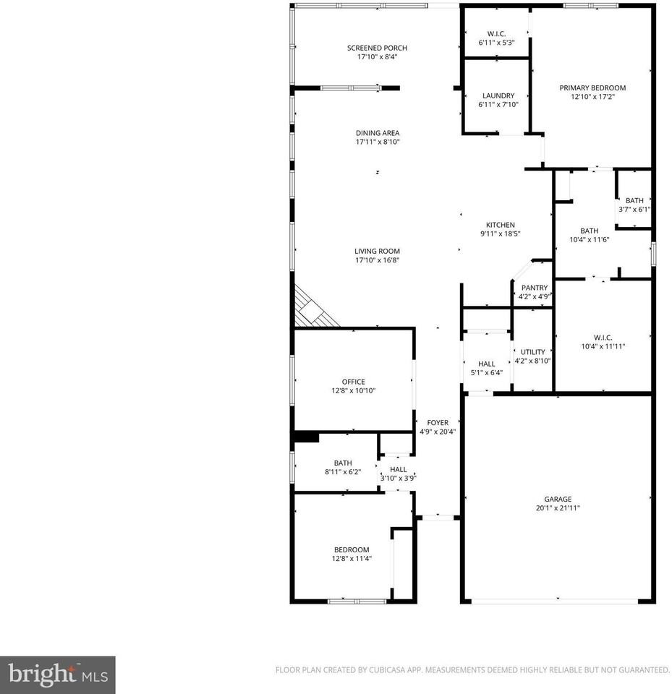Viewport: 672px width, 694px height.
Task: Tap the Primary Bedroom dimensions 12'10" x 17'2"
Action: pos(592,97)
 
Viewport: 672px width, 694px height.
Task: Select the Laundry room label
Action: pos(498,95)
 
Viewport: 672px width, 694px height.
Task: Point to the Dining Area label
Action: pos(377,133)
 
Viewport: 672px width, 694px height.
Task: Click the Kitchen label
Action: pos(500,225)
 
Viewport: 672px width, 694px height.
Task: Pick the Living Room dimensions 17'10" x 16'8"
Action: pos(377,260)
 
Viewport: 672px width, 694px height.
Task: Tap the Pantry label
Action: pos(535,288)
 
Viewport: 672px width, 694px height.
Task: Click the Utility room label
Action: pos(532,352)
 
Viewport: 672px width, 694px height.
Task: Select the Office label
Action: pos(353,382)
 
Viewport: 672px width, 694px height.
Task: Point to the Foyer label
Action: pos(438,423)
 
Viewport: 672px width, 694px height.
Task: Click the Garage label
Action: pos(558,499)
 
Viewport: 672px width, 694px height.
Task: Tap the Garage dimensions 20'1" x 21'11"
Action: pos(558,508)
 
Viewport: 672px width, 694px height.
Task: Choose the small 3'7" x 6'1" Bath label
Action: pos(634,200)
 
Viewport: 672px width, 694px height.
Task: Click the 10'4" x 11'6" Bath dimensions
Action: pos(590,240)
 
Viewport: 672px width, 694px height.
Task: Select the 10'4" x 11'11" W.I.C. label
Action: pos(603,338)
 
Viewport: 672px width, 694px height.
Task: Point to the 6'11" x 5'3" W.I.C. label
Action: pos(496,33)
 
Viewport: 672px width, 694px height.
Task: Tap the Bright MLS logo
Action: pos(57,675)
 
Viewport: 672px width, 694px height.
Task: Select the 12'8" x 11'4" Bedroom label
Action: pos(351,549)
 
